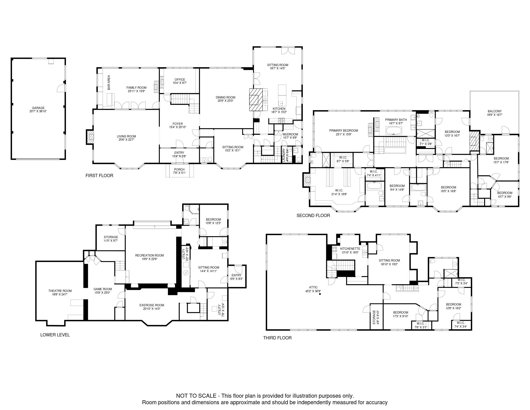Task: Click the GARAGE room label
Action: coord(38,108)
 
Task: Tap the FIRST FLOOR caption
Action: coord(99,176)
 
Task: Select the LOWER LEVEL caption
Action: coord(55,335)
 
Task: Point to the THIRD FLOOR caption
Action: coord(277,338)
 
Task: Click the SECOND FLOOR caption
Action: coord(313,216)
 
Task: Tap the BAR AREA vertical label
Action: coord(109,82)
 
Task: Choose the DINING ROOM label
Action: coord(226,97)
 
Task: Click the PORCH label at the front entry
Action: coord(179,170)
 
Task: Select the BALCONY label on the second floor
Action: coord(495,111)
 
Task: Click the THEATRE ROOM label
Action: coord(58,291)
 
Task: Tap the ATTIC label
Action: coord(313,287)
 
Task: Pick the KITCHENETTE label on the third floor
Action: coord(350,249)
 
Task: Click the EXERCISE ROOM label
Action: coord(152,305)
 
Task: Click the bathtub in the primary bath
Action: coord(394,131)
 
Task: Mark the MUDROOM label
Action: coord(290,134)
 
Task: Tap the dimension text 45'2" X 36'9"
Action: coord(313,291)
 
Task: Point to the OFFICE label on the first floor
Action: coord(180,80)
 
